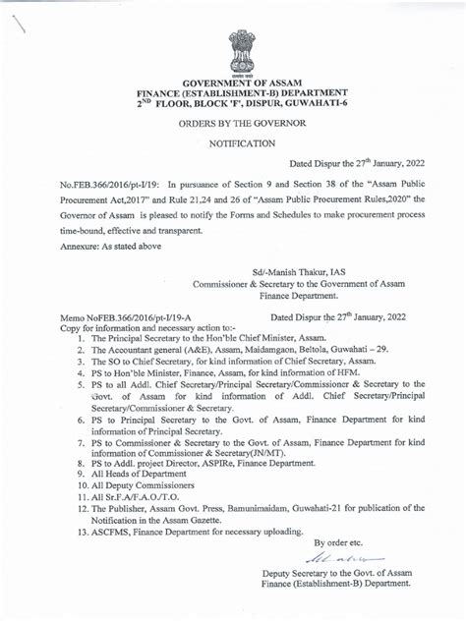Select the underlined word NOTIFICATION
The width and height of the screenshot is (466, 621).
tap(242, 143)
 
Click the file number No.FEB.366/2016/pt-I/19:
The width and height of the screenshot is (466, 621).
tap(109, 184)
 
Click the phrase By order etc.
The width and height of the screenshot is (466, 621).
tap(338, 541)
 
